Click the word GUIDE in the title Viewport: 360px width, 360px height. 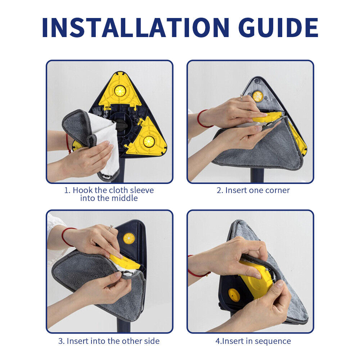[x=278, y=28]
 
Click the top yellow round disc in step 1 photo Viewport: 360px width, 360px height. [x=120, y=91]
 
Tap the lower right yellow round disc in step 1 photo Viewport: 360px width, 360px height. [x=149, y=141]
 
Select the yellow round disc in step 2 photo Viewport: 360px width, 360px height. [x=258, y=96]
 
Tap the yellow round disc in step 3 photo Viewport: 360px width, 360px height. [x=129, y=238]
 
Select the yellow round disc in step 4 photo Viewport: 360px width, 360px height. [x=234, y=295]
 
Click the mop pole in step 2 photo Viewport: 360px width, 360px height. [x=257, y=175]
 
